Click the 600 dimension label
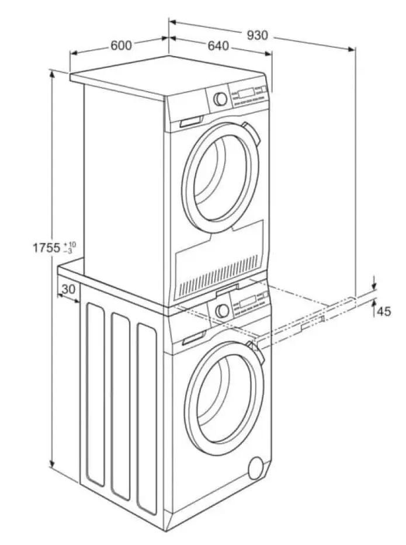[x=120, y=46]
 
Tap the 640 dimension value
[x=217, y=46]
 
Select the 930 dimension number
[x=257, y=35]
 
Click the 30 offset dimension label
[x=68, y=289]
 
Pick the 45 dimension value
[x=383, y=311]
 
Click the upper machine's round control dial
[x=221, y=98]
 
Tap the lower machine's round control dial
[x=222, y=310]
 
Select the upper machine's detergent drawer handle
[x=190, y=123]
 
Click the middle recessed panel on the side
[x=120, y=409]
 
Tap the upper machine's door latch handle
[x=248, y=128]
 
